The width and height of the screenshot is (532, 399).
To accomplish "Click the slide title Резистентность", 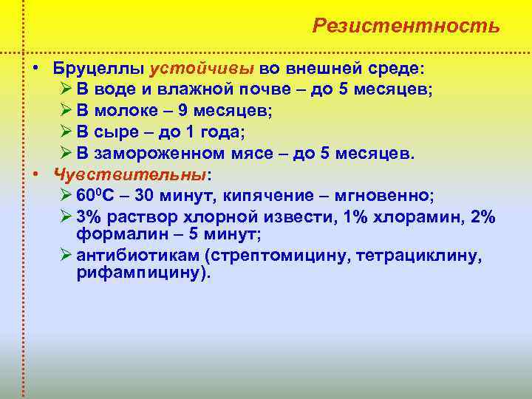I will [406, 26].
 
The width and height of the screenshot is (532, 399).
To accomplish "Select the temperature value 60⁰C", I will [94, 197].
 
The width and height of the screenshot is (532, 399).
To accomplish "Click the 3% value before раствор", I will [88, 218].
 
